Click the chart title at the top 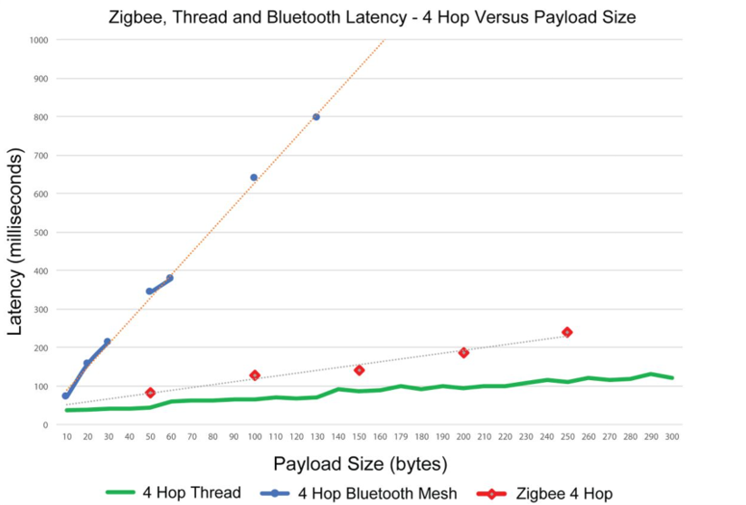click(373, 16)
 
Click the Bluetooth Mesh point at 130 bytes click(316, 117)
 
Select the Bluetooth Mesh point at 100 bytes click(254, 177)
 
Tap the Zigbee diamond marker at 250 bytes click(567, 332)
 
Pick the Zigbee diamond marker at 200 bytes click(463, 352)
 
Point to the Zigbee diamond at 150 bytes click(359, 370)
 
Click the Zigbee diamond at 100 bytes click(255, 375)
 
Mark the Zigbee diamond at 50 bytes click(150, 393)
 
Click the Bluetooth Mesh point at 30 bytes click(107, 342)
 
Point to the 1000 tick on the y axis click(39, 40)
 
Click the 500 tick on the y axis click(42, 233)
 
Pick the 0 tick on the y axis click(45, 424)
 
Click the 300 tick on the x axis click(672, 436)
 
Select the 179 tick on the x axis click(401, 436)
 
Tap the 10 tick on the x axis click(67, 436)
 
